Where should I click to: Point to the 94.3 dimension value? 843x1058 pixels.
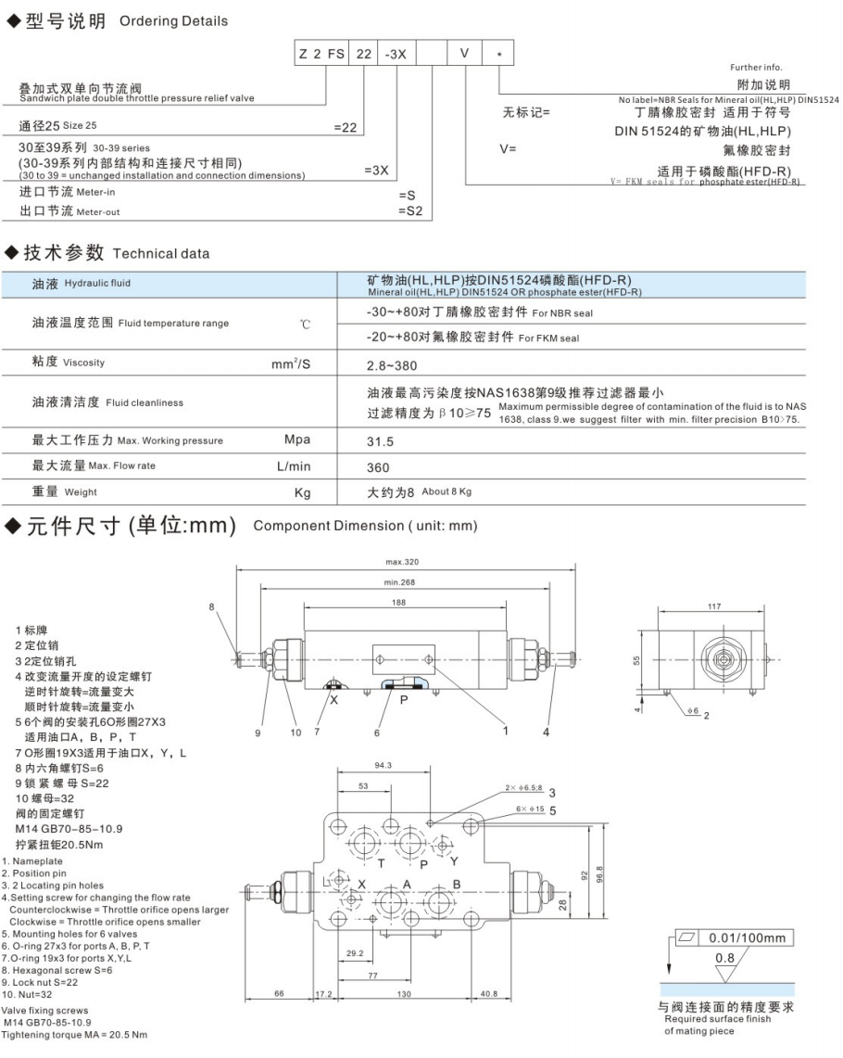[x=384, y=766]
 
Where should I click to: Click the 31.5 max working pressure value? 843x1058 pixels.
[x=380, y=441]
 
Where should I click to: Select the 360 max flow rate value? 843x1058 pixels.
[x=378, y=467]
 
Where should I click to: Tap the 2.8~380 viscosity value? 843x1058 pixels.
[x=392, y=365]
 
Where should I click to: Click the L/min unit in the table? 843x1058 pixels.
[x=295, y=466]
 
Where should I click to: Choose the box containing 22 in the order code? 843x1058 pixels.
[x=363, y=54]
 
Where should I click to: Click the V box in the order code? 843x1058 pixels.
[x=464, y=54]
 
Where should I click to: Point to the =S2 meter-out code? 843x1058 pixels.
[x=409, y=211]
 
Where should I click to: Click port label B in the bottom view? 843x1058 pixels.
[x=456, y=884]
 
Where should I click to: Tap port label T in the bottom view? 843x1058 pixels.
[x=380, y=862]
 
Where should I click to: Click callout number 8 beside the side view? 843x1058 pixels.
[x=211, y=607]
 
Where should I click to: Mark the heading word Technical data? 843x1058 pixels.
[x=161, y=253]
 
